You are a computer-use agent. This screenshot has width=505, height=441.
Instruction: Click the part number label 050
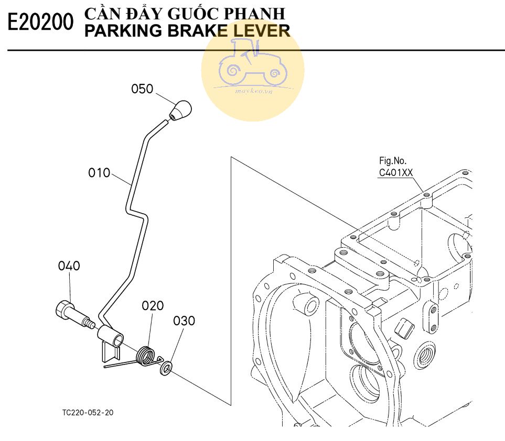142,89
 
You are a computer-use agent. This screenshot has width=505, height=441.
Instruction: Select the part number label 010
100,172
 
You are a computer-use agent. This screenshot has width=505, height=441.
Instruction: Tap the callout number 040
69,266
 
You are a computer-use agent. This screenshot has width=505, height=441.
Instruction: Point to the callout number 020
153,306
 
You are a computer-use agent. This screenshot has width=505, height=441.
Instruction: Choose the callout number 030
184,321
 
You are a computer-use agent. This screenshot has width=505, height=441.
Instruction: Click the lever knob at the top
181,110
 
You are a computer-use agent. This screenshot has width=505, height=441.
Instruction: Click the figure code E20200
41,23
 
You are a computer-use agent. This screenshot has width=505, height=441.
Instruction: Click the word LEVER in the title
261,31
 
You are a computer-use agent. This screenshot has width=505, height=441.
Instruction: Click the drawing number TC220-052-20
88,412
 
